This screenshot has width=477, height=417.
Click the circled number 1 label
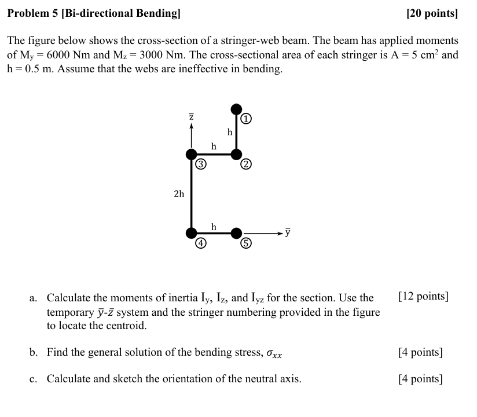247,119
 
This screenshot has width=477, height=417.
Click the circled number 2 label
247,165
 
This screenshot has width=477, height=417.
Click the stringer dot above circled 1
236,109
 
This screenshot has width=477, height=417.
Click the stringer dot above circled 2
236,154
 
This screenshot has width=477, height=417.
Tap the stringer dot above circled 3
191,154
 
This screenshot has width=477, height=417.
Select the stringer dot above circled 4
191,233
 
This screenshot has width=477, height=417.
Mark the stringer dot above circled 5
236,233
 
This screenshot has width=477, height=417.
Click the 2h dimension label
179,194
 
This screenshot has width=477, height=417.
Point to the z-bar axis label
191,116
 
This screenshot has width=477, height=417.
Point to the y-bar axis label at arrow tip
288,233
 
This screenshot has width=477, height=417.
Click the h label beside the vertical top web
230,132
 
